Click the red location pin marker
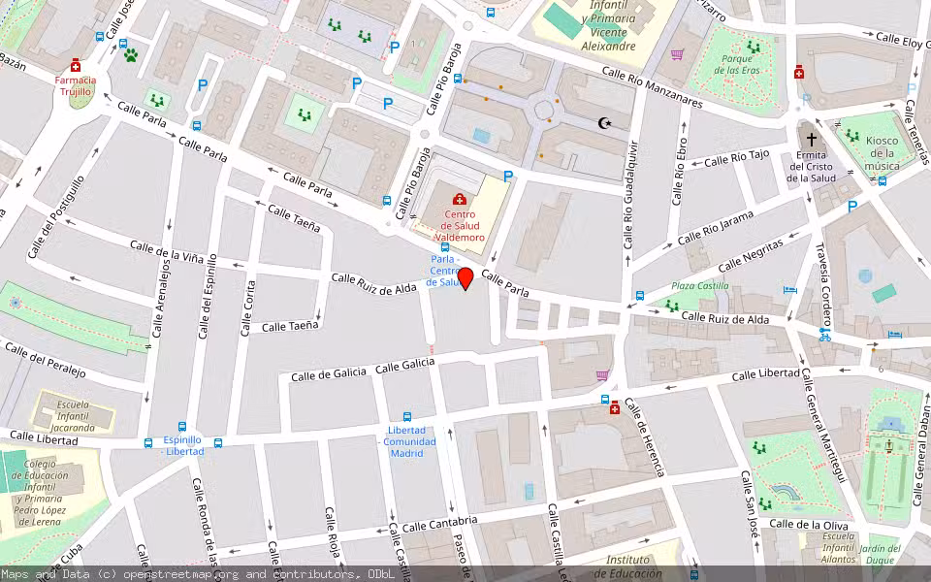point(465,278)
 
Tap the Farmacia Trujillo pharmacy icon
point(76,67)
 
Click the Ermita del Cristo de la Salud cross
point(811,139)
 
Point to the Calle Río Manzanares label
point(651,86)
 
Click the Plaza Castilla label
point(700,286)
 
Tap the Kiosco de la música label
point(882,153)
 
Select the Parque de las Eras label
point(740,64)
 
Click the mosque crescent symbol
point(606,123)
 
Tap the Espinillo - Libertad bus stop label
point(182,445)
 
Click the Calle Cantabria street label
point(440,525)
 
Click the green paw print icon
point(130,55)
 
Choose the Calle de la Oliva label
point(809,525)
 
